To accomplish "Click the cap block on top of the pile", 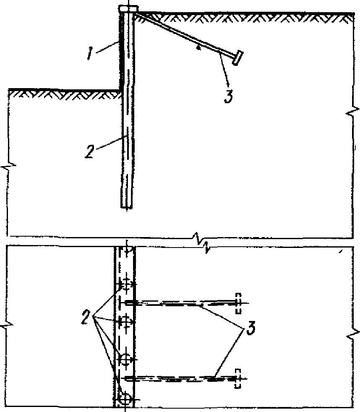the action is (x=129, y=9).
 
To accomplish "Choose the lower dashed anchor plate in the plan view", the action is (x=238, y=379).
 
